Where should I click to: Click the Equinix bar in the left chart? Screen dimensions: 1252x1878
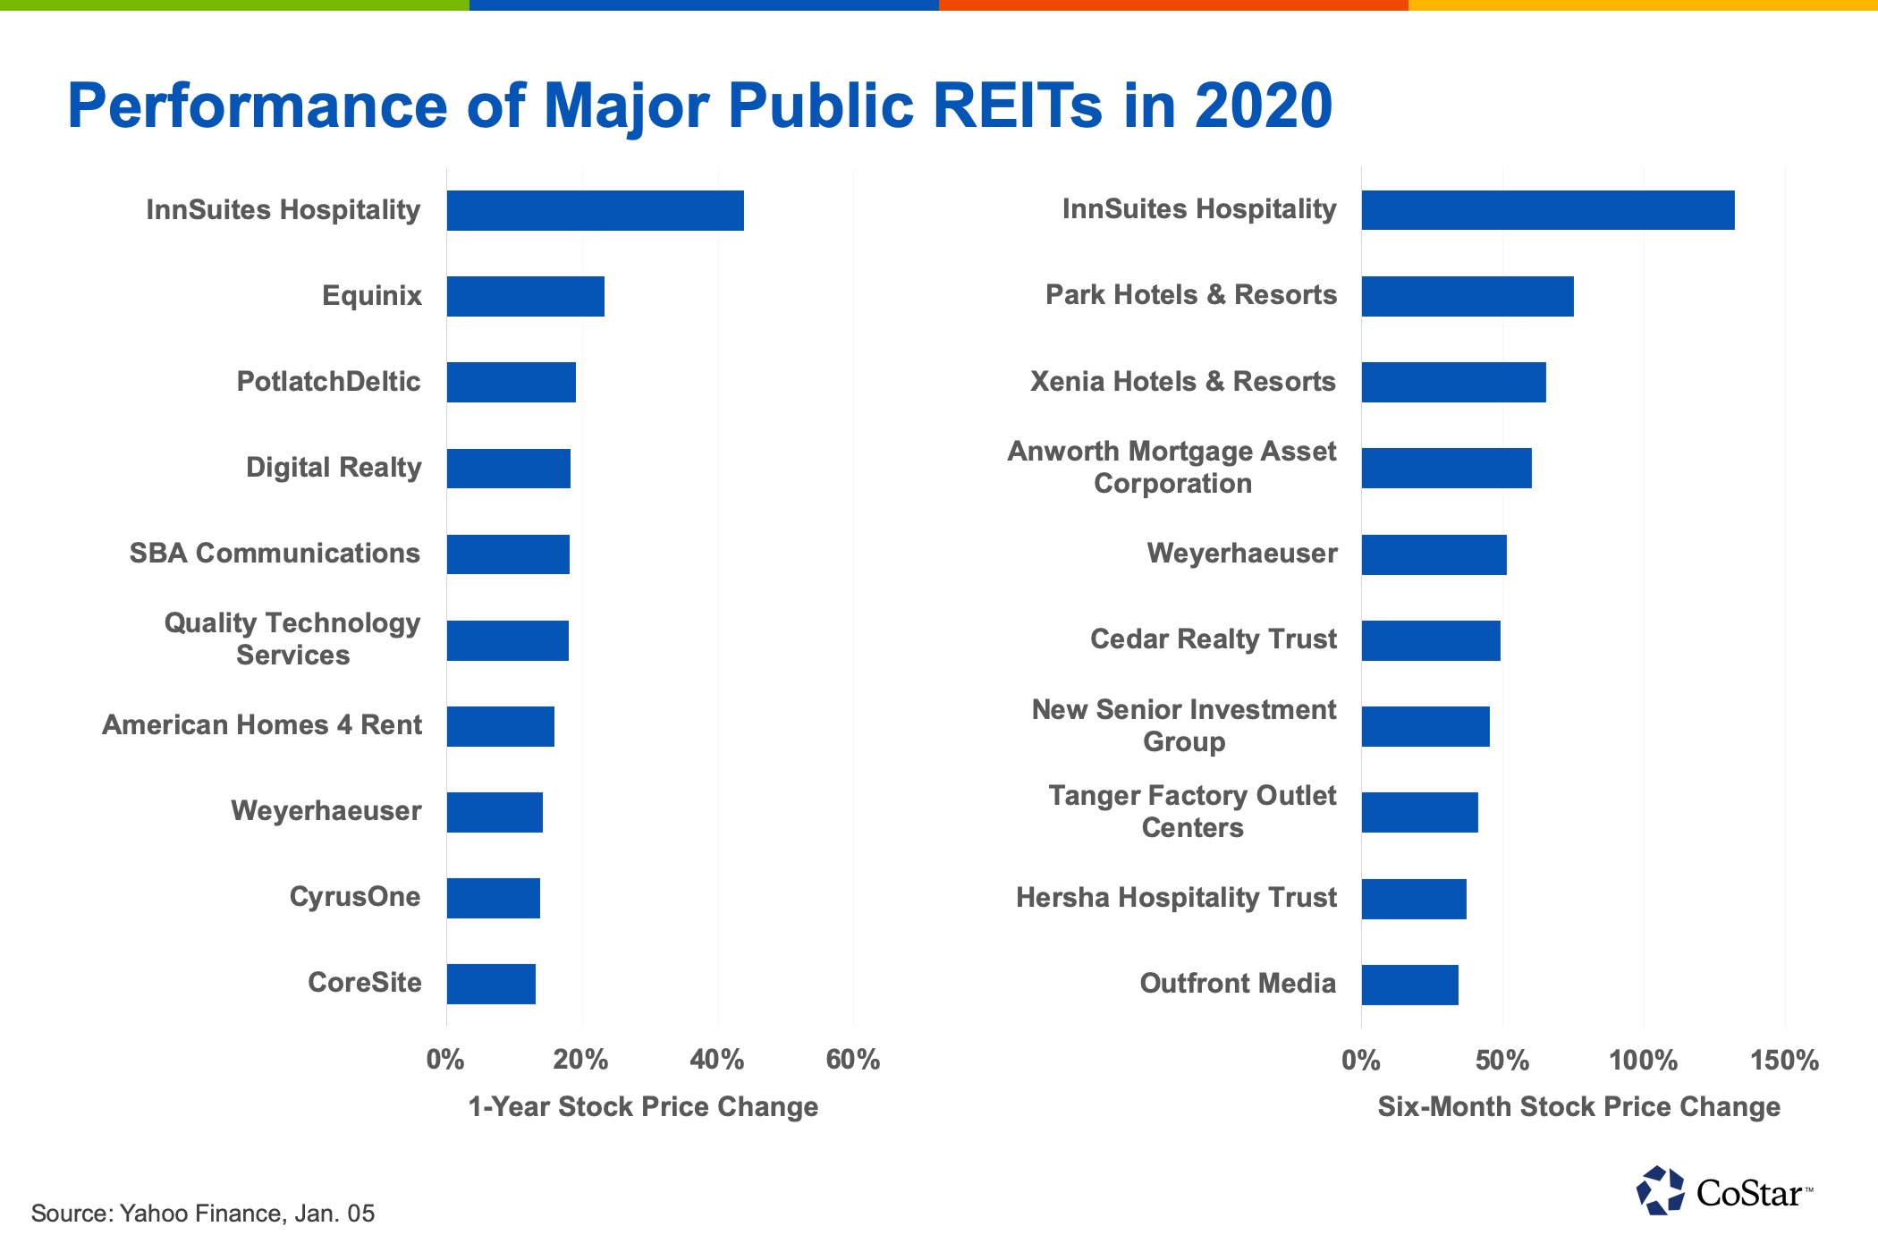(526, 296)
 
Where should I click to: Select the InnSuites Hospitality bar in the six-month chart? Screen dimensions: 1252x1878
(1547, 210)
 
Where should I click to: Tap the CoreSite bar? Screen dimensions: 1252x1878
(491, 984)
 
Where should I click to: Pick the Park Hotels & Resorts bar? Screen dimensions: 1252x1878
(1467, 296)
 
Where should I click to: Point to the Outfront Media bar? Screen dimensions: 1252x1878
(1409, 985)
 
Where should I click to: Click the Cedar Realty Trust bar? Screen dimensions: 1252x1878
(1431, 640)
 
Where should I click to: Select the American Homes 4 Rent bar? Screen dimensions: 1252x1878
(500, 726)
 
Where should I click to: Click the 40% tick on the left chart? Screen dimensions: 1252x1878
(717, 1060)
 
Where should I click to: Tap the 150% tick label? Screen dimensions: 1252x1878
(1784, 1061)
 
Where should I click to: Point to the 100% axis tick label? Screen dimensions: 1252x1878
(1643, 1061)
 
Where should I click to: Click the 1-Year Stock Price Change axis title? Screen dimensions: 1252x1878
(643, 1107)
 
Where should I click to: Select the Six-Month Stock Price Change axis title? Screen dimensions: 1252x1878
(1578, 1107)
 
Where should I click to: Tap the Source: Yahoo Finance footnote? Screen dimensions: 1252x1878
(203, 1214)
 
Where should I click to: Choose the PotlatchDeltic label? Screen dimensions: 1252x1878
(328, 382)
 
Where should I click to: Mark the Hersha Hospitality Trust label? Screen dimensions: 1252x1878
(1176, 898)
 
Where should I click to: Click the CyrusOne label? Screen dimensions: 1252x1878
(355, 897)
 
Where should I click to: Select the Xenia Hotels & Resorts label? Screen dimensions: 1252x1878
(1182, 382)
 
